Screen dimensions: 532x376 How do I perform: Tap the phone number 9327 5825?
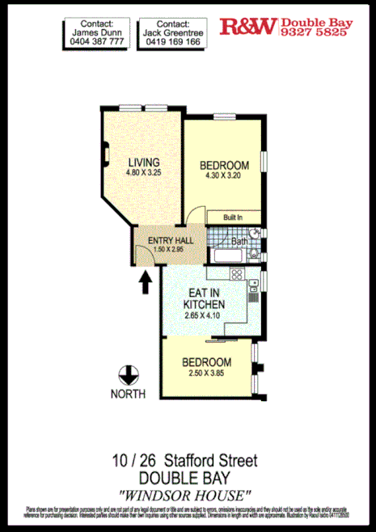tap(312, 33)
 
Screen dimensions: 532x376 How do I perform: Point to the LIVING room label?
tap(143, 161)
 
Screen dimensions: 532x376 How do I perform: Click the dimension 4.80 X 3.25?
tap(143, 172)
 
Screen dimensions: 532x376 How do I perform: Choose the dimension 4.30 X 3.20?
tap(224, 177)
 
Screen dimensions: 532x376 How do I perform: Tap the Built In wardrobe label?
tap(234, 217)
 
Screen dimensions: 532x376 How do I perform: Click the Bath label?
tap(239, 241)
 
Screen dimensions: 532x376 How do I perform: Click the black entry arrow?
tap(146, 282)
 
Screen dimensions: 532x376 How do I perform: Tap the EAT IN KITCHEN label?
tap(204, 298)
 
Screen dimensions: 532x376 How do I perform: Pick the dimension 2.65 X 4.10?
tap(204, 317)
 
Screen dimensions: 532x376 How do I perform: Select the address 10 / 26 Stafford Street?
tap(185, 462)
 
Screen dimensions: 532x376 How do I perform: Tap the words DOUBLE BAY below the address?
tap(185, 478)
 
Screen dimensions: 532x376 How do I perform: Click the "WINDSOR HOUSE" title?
tap(185, 494)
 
